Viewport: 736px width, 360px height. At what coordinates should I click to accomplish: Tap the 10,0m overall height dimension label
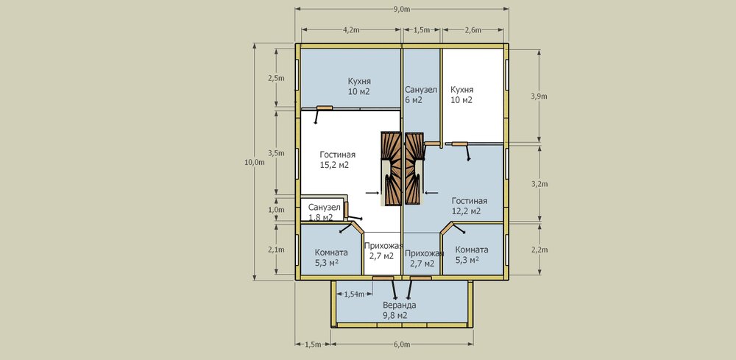point(255,163)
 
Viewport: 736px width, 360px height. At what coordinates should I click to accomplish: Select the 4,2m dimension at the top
point(351,30)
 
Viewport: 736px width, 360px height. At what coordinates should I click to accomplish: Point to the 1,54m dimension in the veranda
point(355,294)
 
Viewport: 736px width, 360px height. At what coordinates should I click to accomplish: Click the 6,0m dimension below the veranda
point(402,345)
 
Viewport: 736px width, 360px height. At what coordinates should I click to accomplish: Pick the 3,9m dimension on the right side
point(539,96)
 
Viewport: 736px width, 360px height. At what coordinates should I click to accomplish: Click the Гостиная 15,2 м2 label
point(338,160)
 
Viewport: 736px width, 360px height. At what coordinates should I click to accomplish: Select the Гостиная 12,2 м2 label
point(470,206)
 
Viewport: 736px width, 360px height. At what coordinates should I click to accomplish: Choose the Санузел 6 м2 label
point(421,94)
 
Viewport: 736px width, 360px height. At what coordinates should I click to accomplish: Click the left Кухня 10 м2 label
point(359,86)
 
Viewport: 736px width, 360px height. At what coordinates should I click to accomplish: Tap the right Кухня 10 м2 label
point(462,94)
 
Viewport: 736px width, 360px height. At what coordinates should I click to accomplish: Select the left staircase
point(391,169)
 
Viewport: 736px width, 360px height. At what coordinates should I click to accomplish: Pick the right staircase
point(414,169)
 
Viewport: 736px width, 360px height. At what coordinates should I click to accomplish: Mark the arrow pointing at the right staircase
point(431,192)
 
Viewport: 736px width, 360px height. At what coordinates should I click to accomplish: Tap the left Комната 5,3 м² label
point(331,257)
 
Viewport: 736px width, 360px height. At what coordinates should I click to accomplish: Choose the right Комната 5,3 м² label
point(472,255)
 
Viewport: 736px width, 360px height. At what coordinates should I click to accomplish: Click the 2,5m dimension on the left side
point(276,78)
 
